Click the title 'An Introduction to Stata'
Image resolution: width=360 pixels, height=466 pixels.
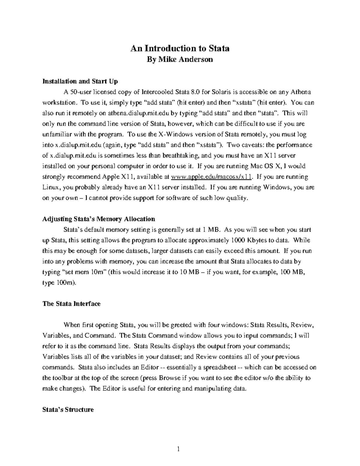pos(180,48)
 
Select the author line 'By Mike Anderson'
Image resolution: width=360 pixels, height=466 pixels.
pos(180,59)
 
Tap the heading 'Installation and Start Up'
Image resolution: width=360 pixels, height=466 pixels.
pos(80,81)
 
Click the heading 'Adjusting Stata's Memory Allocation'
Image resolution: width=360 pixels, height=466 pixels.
pos(99,219)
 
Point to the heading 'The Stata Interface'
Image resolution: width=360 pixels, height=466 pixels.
pos(71,304)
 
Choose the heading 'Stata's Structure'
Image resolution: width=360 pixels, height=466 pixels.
pos(68,410)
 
